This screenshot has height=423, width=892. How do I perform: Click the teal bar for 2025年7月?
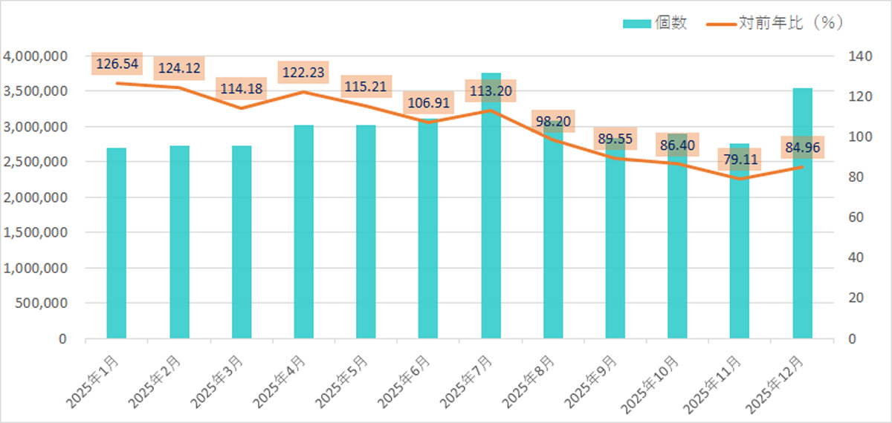pos(491,223)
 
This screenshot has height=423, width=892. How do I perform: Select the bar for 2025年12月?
pos(802,223)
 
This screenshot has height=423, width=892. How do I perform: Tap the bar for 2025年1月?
pos(117,245)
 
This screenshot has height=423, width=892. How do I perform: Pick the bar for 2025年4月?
pos(303,237)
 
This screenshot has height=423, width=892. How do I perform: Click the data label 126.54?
pos(116,64)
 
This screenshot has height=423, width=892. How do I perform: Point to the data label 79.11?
pos(740,160)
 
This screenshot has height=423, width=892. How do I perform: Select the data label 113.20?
pos(491,92)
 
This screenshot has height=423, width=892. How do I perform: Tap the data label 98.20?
pos(553,120)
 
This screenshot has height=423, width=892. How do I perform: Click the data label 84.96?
pos(802,148)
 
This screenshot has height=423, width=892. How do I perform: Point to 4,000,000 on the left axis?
pos(45,56)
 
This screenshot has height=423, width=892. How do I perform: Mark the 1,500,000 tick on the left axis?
pos(45,233)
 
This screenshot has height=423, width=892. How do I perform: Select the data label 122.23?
pos(303,73)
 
